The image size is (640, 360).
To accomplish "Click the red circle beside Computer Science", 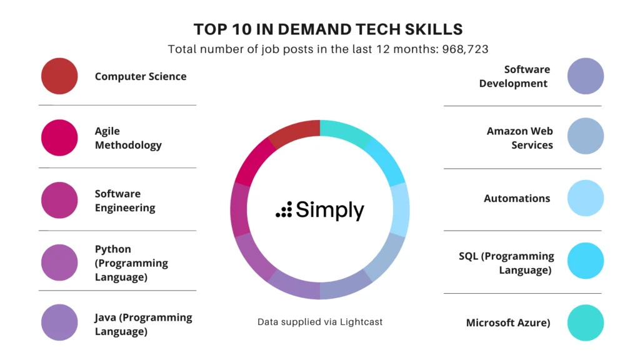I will pyautogui.click(x=59, y=76).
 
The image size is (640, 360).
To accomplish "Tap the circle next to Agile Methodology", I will pyautogui.click(x=59, y=137).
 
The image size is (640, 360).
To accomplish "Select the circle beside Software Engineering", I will pyautogui.click(x=59, y=200).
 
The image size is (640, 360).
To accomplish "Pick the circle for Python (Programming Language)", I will pyautogui.click(x=59, y=262).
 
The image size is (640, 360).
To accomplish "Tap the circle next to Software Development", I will pyautogui.click(x=586, y=76).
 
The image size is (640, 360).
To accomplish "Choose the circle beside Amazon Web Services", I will pyautogui.click(x=586, y=136).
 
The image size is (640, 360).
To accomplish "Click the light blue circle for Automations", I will pyautogui.click(x=586, y=198).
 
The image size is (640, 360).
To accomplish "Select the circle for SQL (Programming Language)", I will pyautogui.click(x=586, y=261).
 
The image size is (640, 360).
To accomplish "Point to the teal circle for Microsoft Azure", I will pyautogui.click(x=586, y=322).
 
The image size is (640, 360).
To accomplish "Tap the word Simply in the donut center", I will pyautogui.click(x=330, y=210).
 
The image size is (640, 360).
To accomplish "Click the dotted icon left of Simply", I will pyautogui.click(x=284, y=210).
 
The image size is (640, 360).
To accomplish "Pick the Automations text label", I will pyautogui.click(x=517, y=198).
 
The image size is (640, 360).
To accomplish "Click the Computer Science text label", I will pyautogui.click(x=141, y=76).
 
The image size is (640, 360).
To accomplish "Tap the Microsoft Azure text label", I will pyautogui.click(x=508, y=322).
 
